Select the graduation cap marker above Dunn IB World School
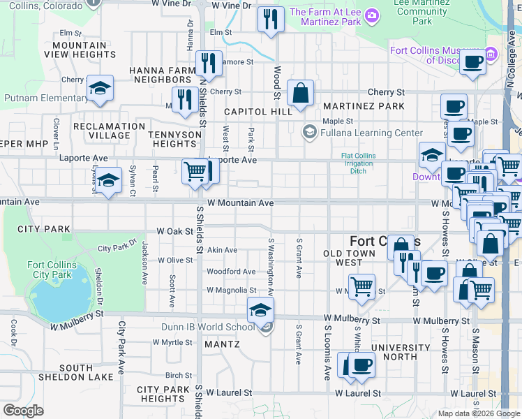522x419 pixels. point(260,309)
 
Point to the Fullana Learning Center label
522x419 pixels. point(372,133)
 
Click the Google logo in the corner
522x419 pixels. point(23,411)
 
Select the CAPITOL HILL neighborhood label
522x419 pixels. point(258,112)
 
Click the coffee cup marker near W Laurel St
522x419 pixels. point(361,365)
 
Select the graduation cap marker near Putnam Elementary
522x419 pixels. point(100,88)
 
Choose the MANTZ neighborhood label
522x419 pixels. point(222,344)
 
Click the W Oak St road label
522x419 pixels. point(174,230)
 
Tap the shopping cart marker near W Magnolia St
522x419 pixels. point(361,286)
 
